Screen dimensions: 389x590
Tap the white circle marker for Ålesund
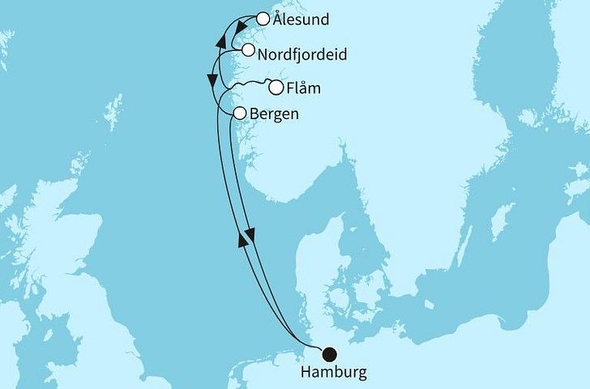coord(263,18)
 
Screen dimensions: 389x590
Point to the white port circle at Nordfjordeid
coord(248,50)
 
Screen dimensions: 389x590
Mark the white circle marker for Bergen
coord(240,114)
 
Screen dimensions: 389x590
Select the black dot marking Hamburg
coord(329,353)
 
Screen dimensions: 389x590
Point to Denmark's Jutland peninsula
coord(312,267)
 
